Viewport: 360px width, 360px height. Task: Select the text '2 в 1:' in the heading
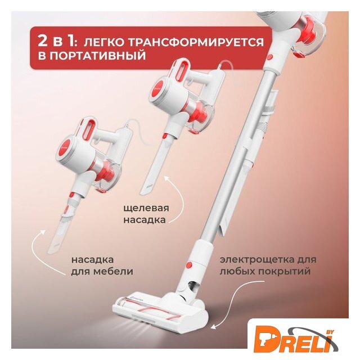56,41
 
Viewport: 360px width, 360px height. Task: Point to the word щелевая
146,209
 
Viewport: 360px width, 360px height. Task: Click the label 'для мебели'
102,272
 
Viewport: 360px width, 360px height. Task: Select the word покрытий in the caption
284,272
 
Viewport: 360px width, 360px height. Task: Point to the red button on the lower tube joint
189,265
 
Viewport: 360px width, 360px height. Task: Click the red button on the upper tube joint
270,56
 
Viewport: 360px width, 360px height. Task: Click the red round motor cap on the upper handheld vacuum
158,89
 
